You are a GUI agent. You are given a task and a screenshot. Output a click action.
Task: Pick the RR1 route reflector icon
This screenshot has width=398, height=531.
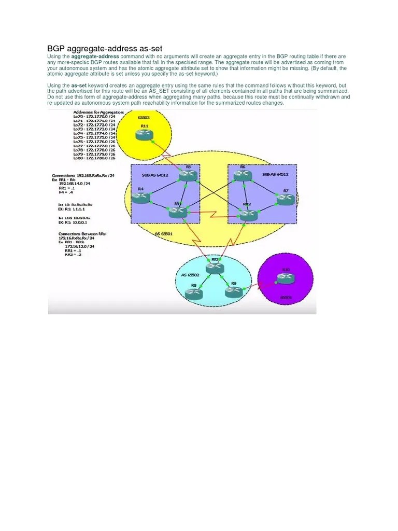point(177,212)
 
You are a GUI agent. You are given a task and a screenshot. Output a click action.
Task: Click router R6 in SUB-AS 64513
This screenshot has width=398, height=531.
point(243,176)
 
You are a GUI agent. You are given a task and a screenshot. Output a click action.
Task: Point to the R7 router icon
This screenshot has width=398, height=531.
point(286,199)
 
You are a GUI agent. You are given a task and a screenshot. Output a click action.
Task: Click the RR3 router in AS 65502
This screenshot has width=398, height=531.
point(214,268)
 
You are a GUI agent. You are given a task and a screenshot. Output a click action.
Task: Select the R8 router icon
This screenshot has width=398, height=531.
point(194,294)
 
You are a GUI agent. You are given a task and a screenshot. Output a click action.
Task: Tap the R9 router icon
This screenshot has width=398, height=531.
point(234,292)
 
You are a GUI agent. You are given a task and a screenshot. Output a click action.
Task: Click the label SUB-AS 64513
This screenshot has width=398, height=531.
point(275,174)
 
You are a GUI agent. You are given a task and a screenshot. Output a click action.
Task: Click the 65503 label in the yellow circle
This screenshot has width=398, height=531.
point(144,117)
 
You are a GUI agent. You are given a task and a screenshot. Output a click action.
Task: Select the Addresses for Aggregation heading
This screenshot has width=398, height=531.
point(98,112)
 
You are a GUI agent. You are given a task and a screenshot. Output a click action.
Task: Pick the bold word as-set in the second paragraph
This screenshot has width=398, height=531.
point(79,85)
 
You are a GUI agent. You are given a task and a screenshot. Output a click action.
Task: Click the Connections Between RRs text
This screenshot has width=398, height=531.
point(82,234)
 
